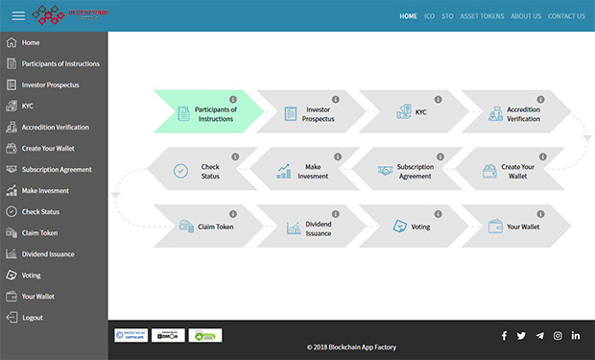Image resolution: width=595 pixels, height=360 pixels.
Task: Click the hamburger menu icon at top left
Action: tap(18, 16)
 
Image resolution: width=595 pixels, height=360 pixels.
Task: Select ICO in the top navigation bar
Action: tap(430, 16)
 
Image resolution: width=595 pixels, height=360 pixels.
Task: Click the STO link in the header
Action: tap(447, 16)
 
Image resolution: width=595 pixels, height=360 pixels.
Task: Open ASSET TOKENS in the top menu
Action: tap(482, 16)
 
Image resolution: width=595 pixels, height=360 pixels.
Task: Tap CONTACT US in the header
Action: tap(566, 16)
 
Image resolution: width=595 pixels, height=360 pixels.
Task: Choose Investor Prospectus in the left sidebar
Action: tap(50, 84)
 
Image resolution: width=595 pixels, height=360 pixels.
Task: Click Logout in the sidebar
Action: tap(33, 317)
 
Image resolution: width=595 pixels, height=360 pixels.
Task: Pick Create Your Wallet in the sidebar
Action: tap(48, 148)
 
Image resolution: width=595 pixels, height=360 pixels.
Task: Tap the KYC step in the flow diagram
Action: tap(412, 113)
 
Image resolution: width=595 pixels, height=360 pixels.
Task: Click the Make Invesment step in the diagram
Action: tap(308, 171)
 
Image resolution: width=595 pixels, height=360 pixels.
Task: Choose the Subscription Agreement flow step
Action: tap(407, 171)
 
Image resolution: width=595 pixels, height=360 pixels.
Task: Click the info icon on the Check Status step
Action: tap(233, 156)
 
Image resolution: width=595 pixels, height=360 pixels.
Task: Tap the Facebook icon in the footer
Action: tap(504, 336)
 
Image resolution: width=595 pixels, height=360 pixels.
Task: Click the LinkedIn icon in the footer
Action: tap(576, 336)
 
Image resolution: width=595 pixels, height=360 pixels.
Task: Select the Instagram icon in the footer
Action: tap(558, 336)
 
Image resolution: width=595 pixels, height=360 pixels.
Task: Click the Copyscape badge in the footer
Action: tap(131, 336)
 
